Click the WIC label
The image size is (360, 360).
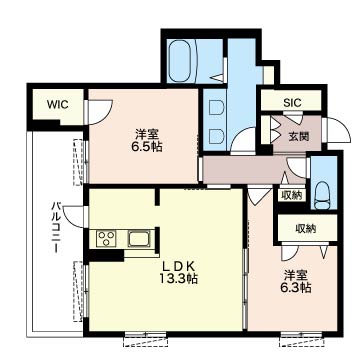pyautogui.click(x=57, y=105)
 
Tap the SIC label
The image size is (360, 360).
pyautogui.click(x=292, y=103)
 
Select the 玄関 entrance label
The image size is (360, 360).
pyautogui.click(x=299, y=136)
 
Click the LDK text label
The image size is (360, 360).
pyautogui.click(x=178, y=266)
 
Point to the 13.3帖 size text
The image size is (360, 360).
pyautogui.click(x=178, y=278)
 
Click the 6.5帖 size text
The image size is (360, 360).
pyautogui.click(x=147, y=146)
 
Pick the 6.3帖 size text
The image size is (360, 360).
pyautogui.click(x=295, y=287)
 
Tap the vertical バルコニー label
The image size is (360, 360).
pyautogui.click(x=56, y=227)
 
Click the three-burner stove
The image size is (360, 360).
pyautogui.click(x=106, y=239)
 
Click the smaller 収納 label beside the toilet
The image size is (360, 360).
pyautogui.click(x=291, y=195)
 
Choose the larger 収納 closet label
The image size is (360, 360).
pyautogui.click(x=306, y=229)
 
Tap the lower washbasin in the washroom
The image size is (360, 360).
pyautogui.click(x=215, y=136)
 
